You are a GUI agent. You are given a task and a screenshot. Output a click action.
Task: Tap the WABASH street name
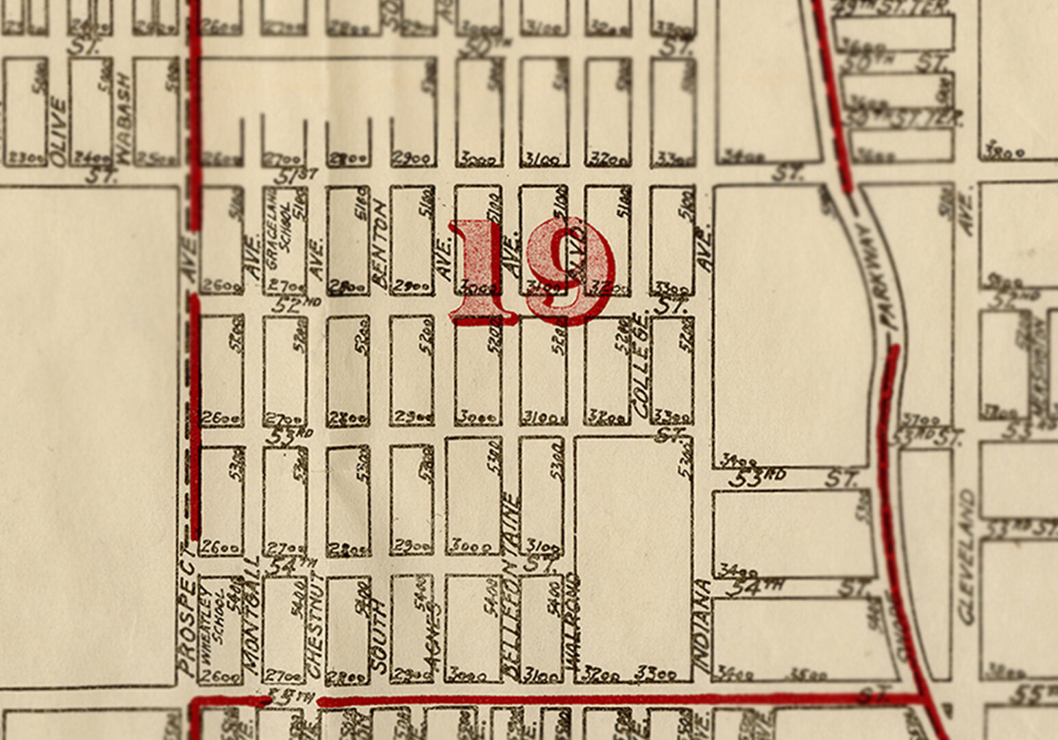pos(123,118)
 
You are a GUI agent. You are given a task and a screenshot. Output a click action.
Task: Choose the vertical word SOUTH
pos(378,634)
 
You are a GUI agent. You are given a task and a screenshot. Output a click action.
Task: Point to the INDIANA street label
pos(702,624)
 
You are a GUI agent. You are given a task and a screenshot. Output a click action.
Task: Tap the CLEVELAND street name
pos(967,556)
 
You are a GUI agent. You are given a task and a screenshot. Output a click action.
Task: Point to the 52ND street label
pos(296,304)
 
